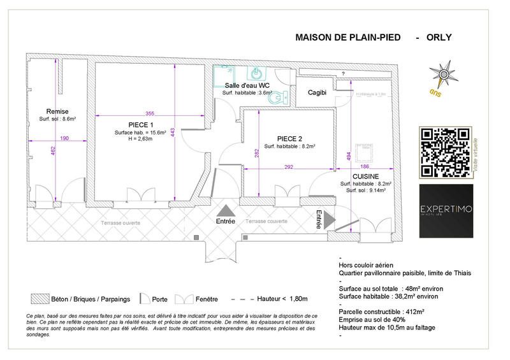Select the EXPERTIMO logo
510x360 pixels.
click(446, 211)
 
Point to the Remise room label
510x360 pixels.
click(57, 111)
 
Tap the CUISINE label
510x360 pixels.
click(366, 176)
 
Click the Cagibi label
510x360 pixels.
click(317, 92)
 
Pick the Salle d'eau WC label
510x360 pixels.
click(247, 85)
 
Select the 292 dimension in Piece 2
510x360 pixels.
click(289, 166)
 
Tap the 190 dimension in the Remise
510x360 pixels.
click(64, 138)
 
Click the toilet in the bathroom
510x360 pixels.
click(282, 97)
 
